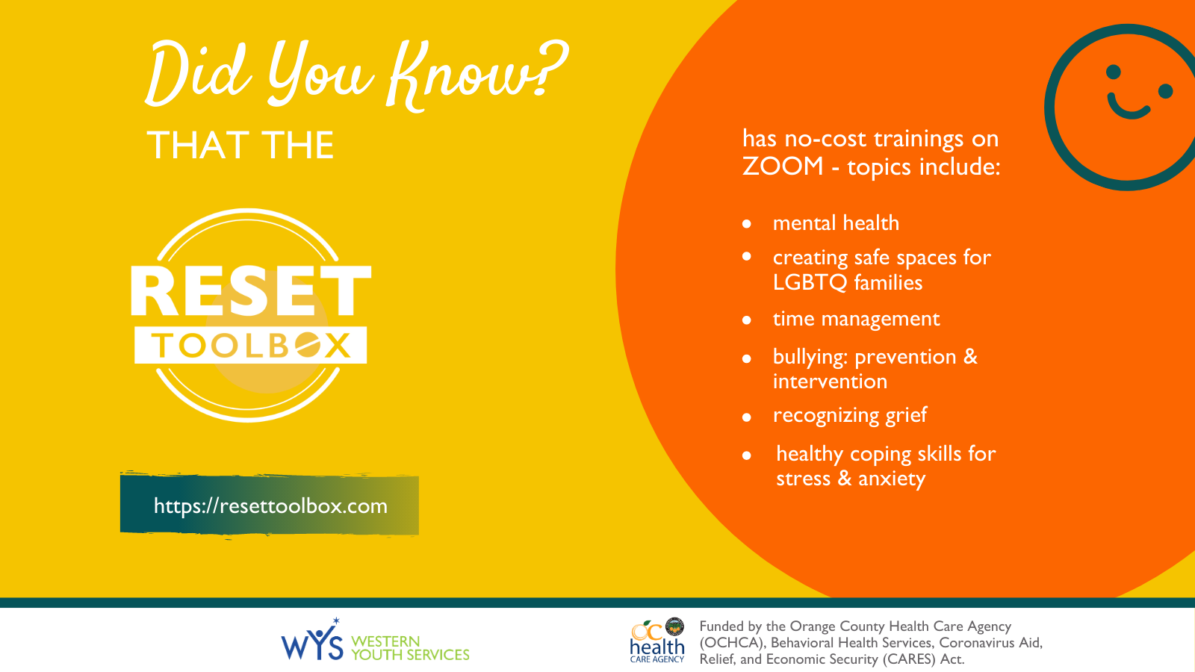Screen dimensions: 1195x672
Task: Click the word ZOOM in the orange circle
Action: coord(783,167)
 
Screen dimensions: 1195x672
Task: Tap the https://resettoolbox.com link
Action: coord(270,505)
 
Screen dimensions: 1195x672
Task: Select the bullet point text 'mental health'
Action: coord(836,223)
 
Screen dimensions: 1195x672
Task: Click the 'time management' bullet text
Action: coord(856,319)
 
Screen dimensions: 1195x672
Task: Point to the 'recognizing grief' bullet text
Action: coord(850,415)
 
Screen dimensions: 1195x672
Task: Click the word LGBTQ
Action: coord(810,283)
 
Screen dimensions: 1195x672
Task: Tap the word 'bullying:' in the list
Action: coord(810,358)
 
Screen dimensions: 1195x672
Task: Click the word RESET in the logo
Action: coord(251,290)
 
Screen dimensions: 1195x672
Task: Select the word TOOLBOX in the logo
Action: coord(251,346)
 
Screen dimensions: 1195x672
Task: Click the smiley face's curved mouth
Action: coord(1128,108)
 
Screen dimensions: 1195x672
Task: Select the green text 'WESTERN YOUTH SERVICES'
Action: coord(410,648)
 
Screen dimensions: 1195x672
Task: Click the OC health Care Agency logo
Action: coord(657,641)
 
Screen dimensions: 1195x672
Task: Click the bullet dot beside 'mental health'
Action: coord(747,224)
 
